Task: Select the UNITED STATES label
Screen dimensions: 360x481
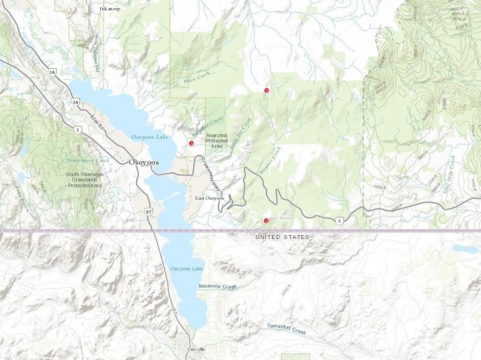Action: point(283,237)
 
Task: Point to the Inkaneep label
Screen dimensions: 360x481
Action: point(111,9)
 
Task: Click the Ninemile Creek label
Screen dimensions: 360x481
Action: point(218,287)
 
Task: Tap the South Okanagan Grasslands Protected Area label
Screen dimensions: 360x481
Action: point(73,180)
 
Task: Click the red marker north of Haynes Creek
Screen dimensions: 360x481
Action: point(267,89)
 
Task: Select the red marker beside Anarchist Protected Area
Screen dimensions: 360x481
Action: point(192,143)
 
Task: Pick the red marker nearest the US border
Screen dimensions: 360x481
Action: point(266,220)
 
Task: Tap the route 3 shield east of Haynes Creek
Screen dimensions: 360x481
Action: point(341,221)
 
